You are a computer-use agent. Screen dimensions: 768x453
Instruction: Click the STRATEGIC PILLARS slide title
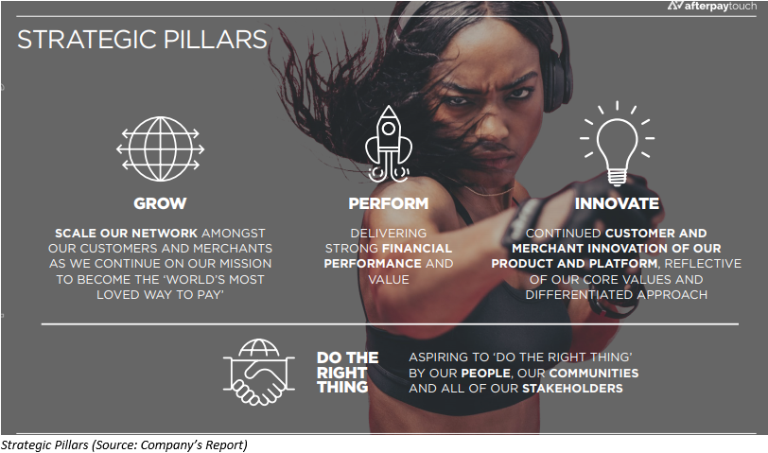click(142, 40)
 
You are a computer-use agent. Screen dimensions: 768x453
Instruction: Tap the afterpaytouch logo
click(711, 7)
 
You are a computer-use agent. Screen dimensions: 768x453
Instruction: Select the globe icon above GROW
click(160, 148)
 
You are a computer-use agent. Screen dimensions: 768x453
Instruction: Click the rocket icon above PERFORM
click(389, 144)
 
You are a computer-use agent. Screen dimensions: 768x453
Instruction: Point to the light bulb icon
click(617, 143)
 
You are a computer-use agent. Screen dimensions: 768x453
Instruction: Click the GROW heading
click(160, 203)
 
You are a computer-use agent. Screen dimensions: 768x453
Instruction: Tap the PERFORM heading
click(389, 203)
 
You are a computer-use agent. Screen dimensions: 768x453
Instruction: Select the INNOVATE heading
click(617, 203)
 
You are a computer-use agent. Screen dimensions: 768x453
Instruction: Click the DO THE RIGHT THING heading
click(347, 373)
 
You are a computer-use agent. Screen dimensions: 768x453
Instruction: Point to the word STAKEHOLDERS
click(572, 389)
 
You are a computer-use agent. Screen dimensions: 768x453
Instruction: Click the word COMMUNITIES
click(594, 374)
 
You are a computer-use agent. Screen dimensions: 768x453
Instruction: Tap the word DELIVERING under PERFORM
click(389, 233)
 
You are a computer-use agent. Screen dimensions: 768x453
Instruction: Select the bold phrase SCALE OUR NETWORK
click(127, 233)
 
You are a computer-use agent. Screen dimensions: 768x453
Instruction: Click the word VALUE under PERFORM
click(389, 279)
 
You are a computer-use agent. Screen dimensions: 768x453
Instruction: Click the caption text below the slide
click(124, 444)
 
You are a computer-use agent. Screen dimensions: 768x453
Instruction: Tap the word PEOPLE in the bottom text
click(486, 374)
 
